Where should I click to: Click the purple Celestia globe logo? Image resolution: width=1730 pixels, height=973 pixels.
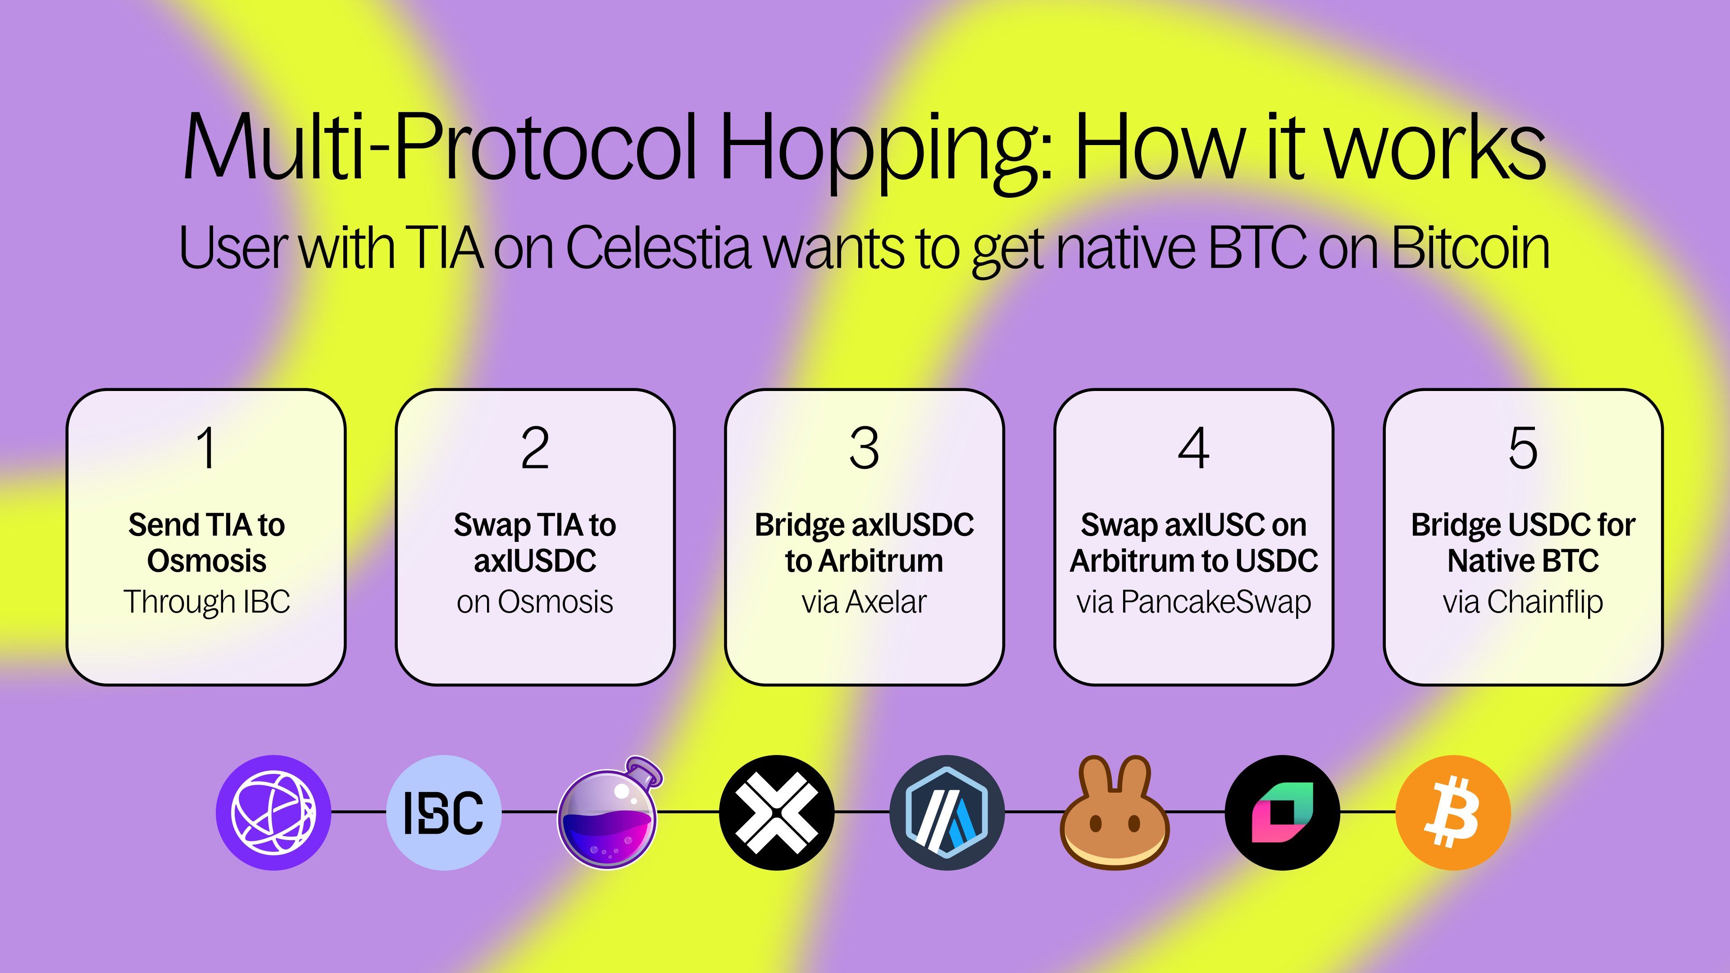pos(273,813)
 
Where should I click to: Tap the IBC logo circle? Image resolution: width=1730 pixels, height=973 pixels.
pos(444,813)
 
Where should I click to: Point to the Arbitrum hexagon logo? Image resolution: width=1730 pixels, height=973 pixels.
pos(947,813)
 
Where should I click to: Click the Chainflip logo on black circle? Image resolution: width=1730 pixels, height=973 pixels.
pos(1283,813)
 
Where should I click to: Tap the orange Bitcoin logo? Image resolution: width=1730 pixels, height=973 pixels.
pos(1453,813)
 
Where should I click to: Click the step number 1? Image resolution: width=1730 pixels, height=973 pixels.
pos(205,448)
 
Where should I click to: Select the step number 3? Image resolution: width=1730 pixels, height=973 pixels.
pos(865,448)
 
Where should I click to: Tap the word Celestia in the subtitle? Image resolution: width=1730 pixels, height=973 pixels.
pos(657,248)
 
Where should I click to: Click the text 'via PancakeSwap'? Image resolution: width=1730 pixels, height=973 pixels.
pos(1193,602)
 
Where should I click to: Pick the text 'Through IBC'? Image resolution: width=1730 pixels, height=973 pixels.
pos(207,602)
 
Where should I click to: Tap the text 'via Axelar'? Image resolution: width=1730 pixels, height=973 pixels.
pos(865,602)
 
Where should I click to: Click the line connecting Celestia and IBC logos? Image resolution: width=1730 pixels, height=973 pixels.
pos(359,812)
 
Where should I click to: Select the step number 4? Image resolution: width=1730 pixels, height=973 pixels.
pos(1193,448)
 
